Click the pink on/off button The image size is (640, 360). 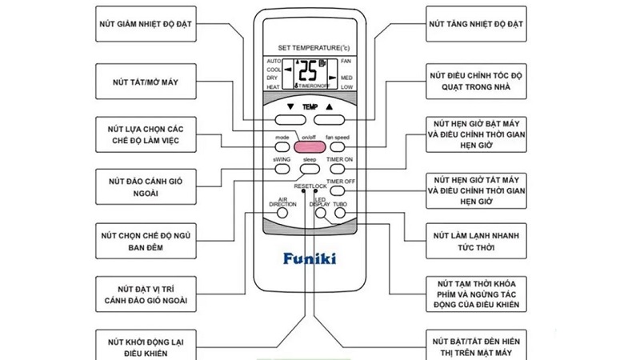[309, 146]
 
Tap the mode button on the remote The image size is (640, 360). [282, 146]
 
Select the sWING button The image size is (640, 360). [282, 169]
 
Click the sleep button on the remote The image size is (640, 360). [310, 169]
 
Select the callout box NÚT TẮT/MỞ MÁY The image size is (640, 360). [144, 80]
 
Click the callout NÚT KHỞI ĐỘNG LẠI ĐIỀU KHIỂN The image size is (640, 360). [144, 346]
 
